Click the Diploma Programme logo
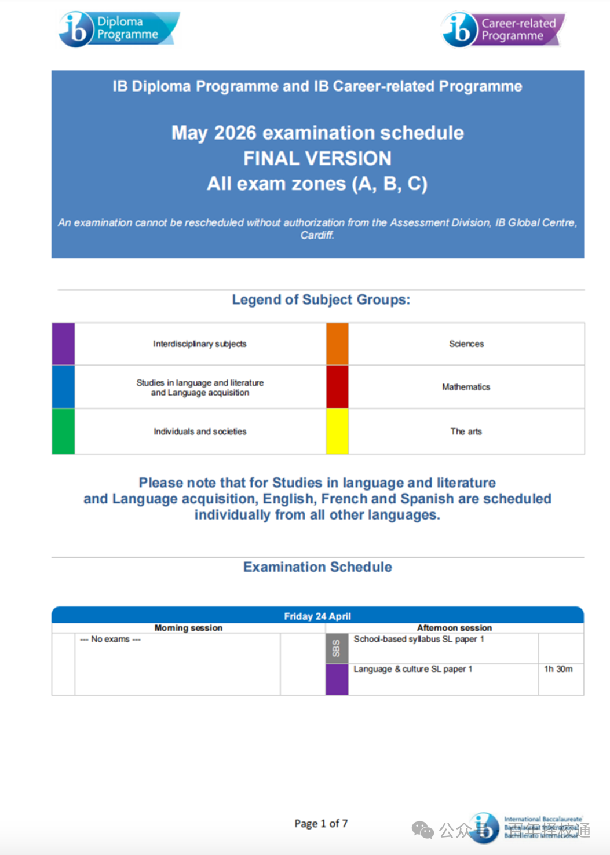tap(119, 28)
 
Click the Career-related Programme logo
tap(502, 30)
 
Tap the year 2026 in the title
tap(235, 133)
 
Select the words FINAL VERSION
tap(317, 158)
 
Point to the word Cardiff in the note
tap(317, 235)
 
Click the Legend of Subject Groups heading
tap(320, 299)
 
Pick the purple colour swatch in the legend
tap(63, 344)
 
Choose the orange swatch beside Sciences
tap(337, 344)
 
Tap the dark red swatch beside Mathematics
tap(337, 386)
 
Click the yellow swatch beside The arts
tap(337, 431)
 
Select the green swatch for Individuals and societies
tap(63, 431)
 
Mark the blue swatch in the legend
tap(63, 386)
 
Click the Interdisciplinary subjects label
tap(199, 344)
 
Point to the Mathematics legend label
tap(466, 387)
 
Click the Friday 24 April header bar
tap(317, 616)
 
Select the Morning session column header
tap(188, 628)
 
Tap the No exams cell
tap(110, 640)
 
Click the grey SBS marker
tap(337, 648)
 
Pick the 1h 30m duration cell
tap(558, 669)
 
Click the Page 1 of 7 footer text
tap(321, 823)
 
